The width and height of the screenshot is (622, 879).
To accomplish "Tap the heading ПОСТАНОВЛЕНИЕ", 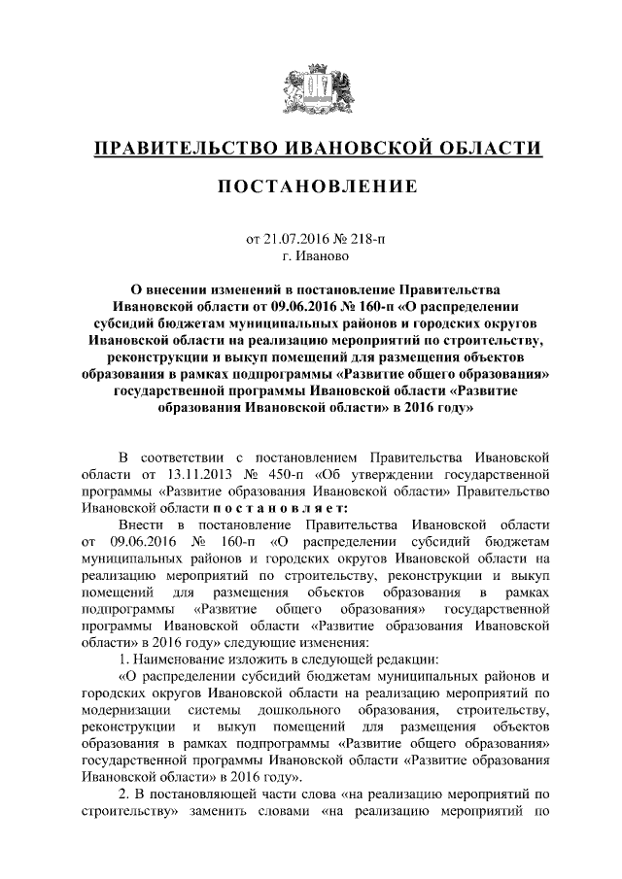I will pyautogui.click(x=310, y=186).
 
